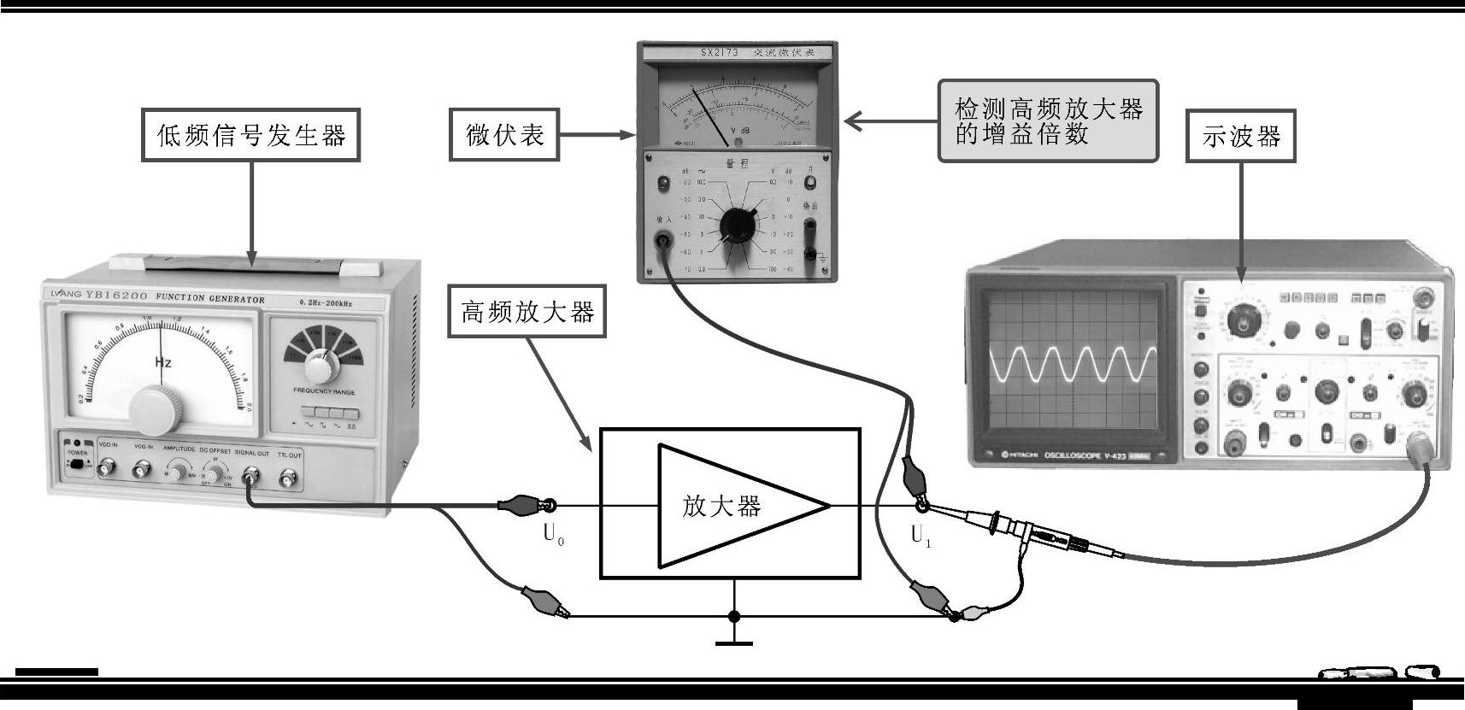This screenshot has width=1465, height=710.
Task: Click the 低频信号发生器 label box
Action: [250, 135]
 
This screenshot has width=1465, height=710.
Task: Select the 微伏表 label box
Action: [504, 135]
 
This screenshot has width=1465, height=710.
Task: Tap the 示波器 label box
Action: [1241, 136]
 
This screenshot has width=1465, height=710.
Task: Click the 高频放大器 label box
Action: [527, 313]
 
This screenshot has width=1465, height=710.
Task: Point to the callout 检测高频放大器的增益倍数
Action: [1048, 121]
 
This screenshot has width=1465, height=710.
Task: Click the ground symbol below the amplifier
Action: [733, 639]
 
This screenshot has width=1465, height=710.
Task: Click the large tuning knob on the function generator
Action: [156, 409]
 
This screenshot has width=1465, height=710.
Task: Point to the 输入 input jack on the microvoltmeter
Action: [662, 240]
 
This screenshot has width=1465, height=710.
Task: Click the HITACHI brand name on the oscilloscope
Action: [1015, 455]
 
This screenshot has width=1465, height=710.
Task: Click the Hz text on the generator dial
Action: [163, 362]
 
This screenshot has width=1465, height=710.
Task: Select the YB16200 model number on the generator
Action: [118, 296]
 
